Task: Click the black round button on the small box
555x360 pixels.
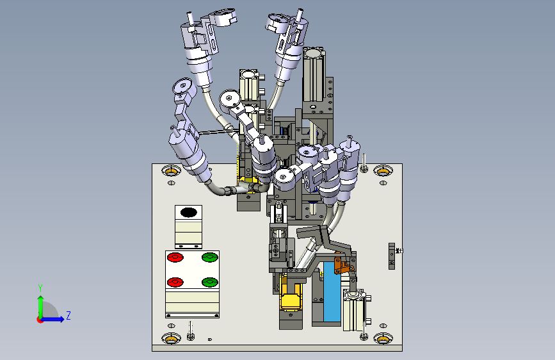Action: tap(189, 212)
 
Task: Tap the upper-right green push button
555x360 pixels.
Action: tap(209, 257)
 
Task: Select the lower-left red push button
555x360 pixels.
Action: tap(175, 282)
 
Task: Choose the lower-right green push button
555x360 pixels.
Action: tap(209, 282)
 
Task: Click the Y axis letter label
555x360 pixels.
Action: tap(40, 288)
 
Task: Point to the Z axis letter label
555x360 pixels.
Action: tap(68, 315)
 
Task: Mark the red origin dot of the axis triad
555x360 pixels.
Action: tap(40, 320)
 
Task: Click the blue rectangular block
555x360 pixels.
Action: tap(332, 291)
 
